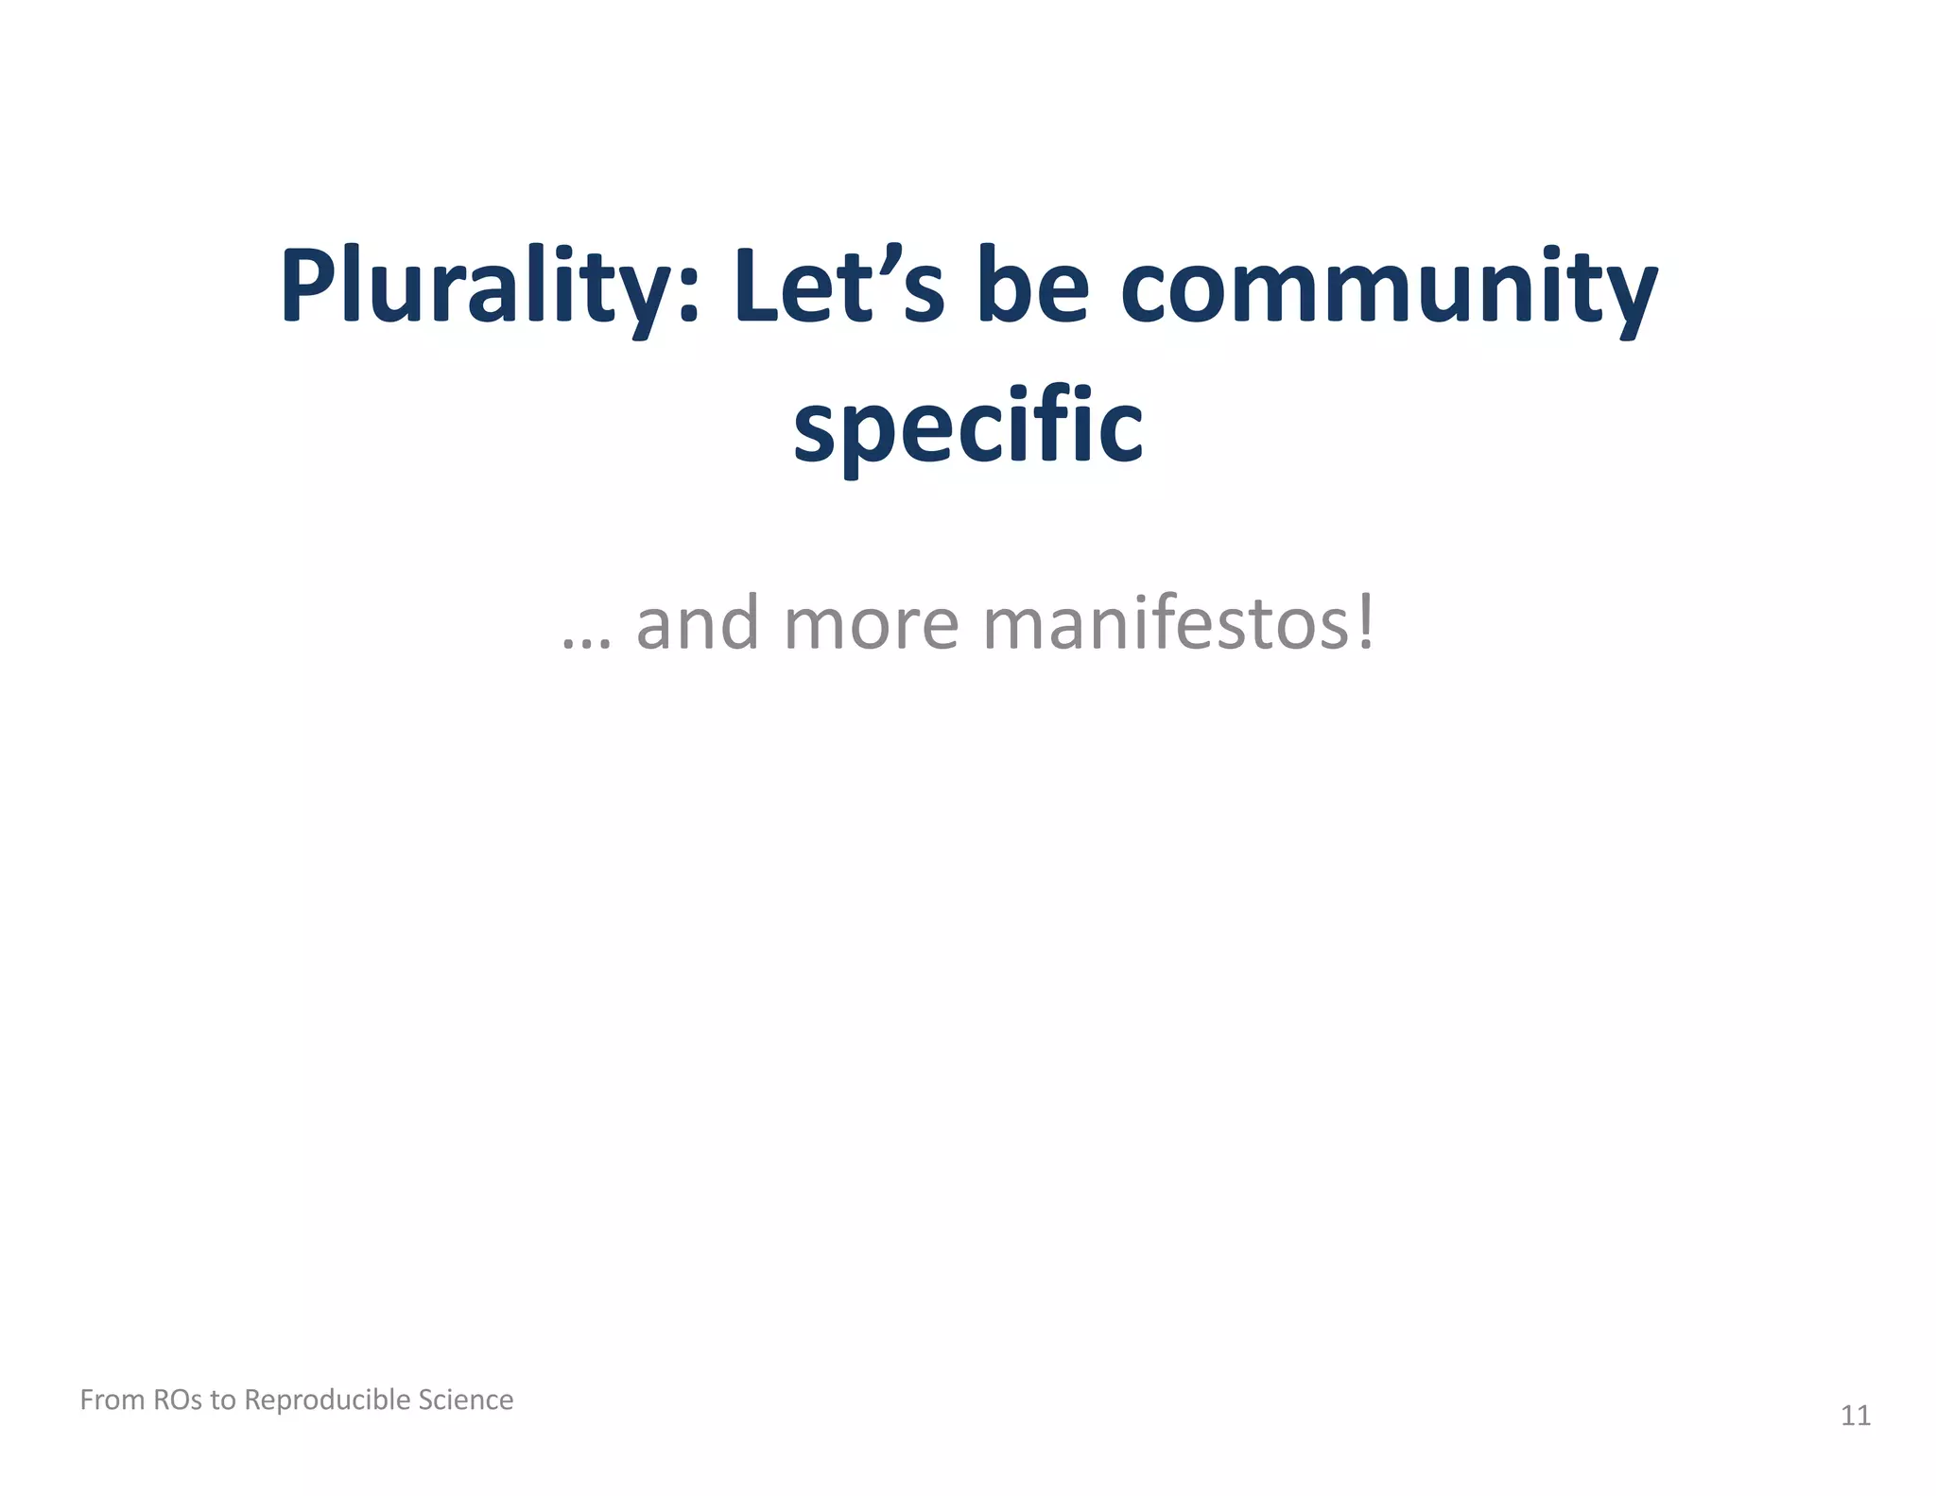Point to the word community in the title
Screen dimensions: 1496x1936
tap(1389, 287)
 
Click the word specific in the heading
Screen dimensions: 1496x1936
tap(968, 427)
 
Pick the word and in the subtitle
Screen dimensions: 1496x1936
tap(698, 624)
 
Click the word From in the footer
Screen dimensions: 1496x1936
tap(112, 1400)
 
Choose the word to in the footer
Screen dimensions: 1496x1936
tap(222, 1400)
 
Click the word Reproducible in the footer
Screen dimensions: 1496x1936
tap(326, 1400)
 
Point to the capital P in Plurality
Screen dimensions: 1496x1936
tap(309, 285)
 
